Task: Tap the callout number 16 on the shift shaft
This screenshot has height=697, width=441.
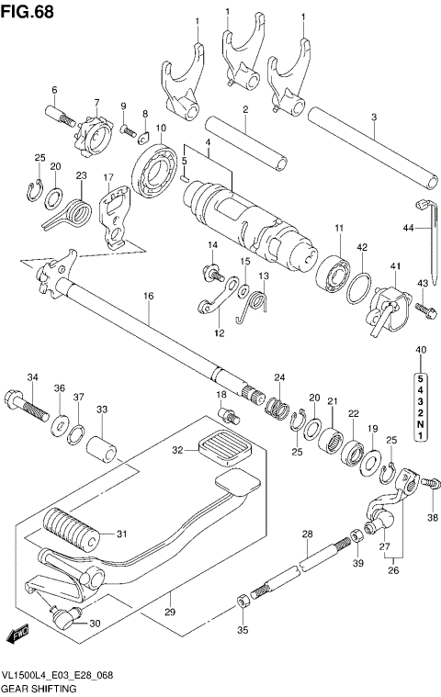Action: (x=148, y=296)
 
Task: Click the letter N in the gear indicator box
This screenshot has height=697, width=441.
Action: (x=420, y=422)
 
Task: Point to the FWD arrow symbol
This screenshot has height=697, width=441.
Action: (x=17, y=634)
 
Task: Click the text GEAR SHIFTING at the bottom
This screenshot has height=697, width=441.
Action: (x=40, y=688)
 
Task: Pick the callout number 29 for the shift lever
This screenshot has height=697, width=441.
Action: (x=169, y=613)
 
